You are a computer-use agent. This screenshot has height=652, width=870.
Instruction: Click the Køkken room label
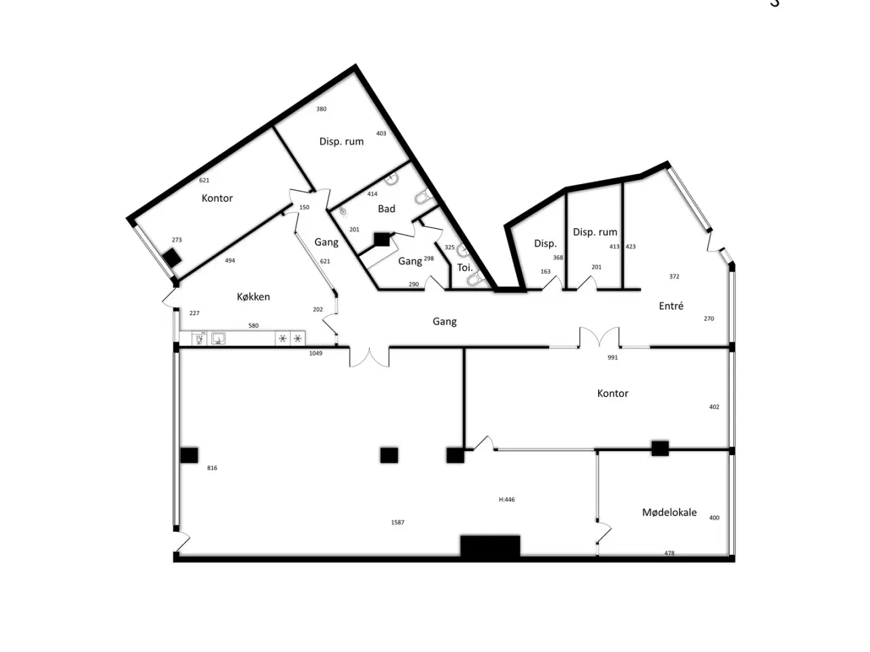(254, 297)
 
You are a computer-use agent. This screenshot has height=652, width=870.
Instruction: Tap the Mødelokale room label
(669, 512)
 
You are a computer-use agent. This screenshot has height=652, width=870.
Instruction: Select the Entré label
(671, 306)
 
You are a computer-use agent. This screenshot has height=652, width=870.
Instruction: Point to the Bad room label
(387, 209)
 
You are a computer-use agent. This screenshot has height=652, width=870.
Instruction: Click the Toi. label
(465, 268)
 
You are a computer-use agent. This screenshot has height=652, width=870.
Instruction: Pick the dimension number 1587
(398, 522)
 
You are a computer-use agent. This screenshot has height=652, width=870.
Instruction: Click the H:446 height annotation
(506, 500)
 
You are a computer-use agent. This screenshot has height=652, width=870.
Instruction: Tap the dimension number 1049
(315, 353)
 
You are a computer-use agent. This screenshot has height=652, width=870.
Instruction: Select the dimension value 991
(612, 357)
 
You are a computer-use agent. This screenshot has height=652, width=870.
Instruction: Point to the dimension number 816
(212, 468)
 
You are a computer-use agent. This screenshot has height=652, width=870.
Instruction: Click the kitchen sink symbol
(218, 339)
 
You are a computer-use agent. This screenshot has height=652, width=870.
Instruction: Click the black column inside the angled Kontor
(173, 257)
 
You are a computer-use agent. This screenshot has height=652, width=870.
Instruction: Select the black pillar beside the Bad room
(382, 240)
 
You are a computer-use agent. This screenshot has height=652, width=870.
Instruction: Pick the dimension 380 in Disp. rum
(321, 109)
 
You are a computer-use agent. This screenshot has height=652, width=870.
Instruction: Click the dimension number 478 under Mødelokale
(669, 553)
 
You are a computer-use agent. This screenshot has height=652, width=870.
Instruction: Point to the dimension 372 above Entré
(674, 276)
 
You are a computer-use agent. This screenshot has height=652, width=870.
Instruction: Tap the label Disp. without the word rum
(545, 243)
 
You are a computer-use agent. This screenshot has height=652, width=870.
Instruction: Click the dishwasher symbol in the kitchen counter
(199, 339)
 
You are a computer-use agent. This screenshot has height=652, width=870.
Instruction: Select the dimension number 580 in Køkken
(254, 326)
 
